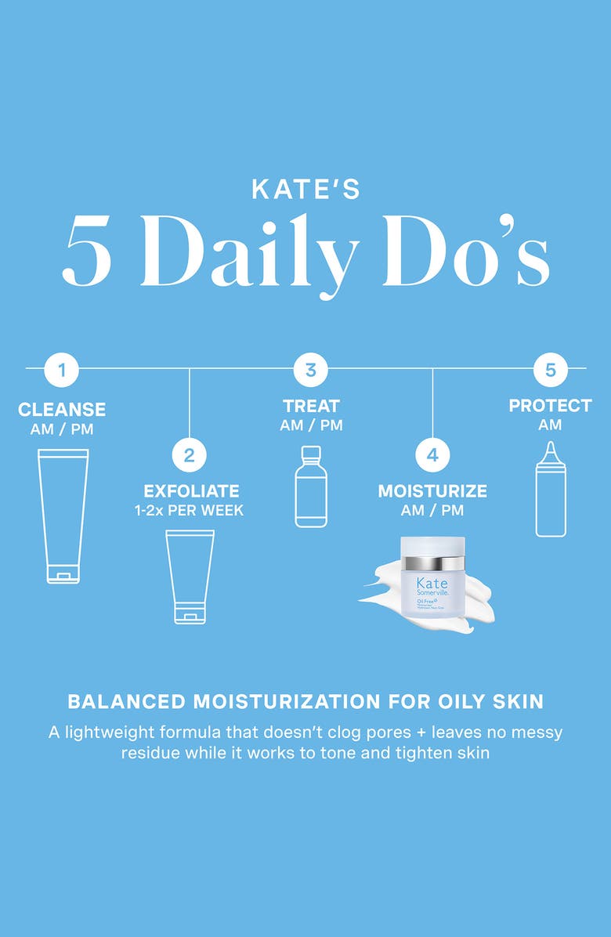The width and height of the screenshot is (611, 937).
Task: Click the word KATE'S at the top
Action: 305,190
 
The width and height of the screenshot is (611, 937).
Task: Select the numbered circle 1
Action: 61,370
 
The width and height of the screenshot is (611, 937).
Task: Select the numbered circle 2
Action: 190,454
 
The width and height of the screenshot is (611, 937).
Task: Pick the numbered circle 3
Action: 310,370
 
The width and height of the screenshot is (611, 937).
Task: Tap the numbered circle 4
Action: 432,454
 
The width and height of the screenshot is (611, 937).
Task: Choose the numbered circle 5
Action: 550,370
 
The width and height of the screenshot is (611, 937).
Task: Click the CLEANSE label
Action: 61,410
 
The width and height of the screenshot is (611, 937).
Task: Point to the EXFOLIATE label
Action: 191,491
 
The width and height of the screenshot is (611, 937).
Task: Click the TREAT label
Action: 311,406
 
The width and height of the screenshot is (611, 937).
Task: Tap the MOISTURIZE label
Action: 432,491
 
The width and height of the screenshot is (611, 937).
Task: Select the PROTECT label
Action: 550,406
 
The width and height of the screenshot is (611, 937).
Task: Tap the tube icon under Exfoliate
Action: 190,577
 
